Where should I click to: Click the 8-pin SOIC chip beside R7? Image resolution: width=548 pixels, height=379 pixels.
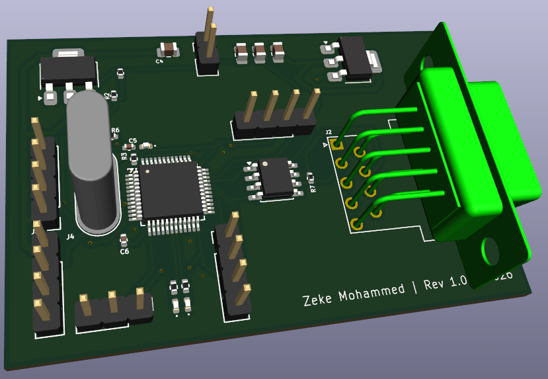(276, 177)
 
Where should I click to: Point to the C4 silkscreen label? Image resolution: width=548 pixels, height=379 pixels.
(159, 61)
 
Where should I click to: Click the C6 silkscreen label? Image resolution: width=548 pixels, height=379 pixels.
(124, 251)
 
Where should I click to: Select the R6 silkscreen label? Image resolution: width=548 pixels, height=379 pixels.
(115, 131)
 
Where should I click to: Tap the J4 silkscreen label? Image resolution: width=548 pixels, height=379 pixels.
(71, 235)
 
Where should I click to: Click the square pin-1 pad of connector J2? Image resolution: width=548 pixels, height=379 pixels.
(338, 144)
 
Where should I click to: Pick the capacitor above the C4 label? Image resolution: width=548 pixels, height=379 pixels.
(169, 49)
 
